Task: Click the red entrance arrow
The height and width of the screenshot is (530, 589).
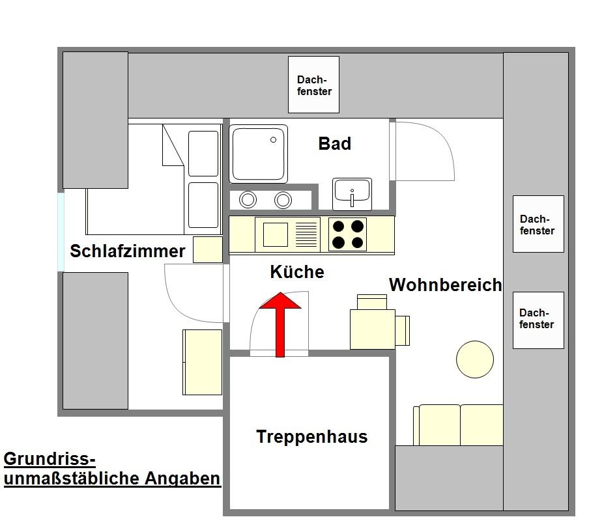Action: (280, 322)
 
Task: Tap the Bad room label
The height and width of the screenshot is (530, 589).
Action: (334, 144)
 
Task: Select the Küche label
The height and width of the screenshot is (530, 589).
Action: (296, 272)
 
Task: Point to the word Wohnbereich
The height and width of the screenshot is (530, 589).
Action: (445, 285)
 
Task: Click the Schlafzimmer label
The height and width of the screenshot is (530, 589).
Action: (128, 251)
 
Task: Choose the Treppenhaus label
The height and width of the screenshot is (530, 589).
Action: (311, 437)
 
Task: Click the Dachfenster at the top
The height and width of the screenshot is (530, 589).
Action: (314, 85)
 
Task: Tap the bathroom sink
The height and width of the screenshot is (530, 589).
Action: (352, 193)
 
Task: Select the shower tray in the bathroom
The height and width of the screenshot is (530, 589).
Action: (259, 154)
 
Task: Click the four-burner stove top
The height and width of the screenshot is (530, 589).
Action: (347, 234)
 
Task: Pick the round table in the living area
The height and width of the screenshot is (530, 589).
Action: (474, 359)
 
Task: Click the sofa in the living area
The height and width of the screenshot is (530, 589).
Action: (459, 425)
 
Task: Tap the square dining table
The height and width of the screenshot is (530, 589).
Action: (373, 329)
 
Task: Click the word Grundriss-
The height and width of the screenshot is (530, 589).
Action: (50, 459)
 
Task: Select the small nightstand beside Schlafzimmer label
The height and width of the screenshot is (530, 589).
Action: (208, 249)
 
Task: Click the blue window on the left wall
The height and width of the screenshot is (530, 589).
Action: (61, 232)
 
